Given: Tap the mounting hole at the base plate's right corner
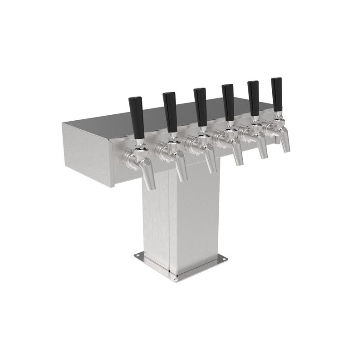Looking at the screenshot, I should click(222, 259).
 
